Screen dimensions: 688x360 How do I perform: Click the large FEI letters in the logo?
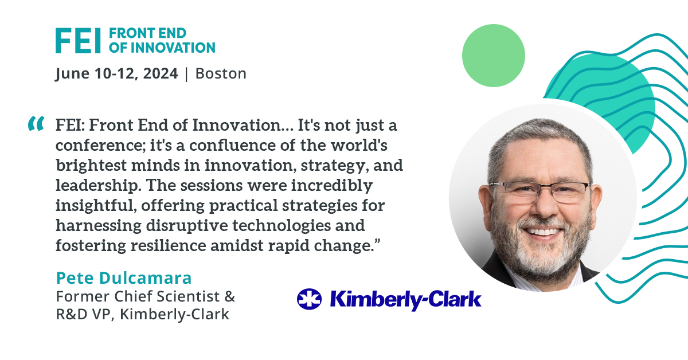point(78,41)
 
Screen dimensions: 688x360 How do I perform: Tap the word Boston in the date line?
point(221,74)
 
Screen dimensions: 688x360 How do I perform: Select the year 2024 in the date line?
point(161,74)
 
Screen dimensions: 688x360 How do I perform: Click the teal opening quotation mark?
point(36,123)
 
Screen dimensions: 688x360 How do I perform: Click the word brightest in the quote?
point(92,166)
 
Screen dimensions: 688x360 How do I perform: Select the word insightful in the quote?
point(96,205)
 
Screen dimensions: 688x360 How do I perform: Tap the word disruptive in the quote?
point(187,226)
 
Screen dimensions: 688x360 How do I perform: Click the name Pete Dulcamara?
point(124,278)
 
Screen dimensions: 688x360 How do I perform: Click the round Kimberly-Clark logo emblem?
point(309,299)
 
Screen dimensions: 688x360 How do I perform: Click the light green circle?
point(494,56)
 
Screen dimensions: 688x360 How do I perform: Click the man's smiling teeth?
point(544,231)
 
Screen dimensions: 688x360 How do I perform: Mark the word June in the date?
point(72,75)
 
